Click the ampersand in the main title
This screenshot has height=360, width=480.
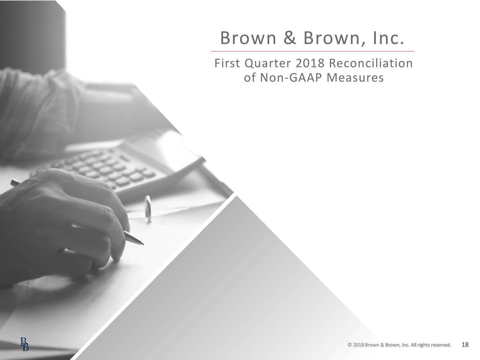tap(289, 38)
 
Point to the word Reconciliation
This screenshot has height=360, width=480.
tap(371, 63)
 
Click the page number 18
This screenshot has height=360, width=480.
tap(465, 334)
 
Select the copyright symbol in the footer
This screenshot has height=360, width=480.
tap(349, 334)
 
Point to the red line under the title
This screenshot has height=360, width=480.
tap(313, 51)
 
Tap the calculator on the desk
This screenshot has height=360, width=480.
tap(112, 165)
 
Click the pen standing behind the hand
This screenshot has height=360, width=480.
tap(148, 208)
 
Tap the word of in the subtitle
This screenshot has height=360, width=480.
tap(250, 78)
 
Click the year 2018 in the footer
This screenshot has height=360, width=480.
tap(358, 334)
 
